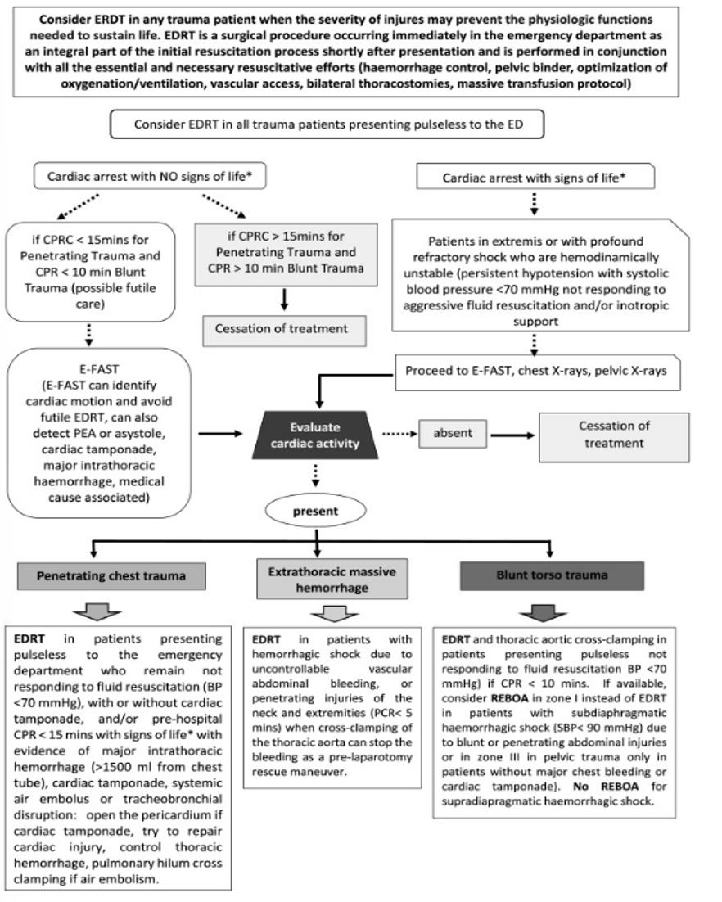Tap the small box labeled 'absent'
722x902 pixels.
click(449, 432)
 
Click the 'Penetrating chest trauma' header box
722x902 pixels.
click(111, 575)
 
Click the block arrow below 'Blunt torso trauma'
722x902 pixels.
click(540, 612)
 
